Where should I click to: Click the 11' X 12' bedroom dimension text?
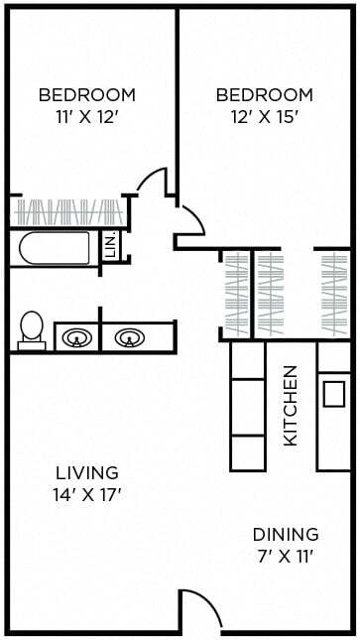(86, 117)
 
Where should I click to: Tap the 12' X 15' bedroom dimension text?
(264, 117)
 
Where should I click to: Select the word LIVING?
(87, 472)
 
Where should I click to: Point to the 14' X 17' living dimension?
(87, 494)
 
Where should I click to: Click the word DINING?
(285, 534)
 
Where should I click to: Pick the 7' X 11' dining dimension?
(285, 557)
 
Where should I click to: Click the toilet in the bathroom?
(32, 329)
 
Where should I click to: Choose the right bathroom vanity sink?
(126, 338)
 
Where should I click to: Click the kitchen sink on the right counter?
(334, 393)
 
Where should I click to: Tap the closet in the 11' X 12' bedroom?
(67, 211)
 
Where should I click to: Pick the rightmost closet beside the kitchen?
(333, 294)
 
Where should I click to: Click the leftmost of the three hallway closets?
(236, 294)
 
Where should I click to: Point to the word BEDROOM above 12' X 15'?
(264, 95)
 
